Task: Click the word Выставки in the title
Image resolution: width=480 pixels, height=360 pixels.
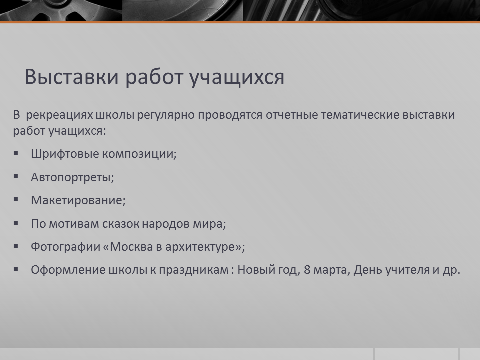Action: click(x=71, y=76)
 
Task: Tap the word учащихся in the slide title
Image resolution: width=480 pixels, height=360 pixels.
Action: click(x=236, y=78)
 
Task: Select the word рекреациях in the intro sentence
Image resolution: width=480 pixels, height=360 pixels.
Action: click(x=59, y=115)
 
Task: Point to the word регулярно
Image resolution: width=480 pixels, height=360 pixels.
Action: click(x=166, y=116)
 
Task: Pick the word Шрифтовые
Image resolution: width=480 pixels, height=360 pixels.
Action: click(x=65, y=154)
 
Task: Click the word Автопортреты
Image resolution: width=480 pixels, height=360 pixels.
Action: click(x=71, y=177)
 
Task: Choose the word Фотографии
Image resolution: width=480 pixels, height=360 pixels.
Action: click(x=66, y=247)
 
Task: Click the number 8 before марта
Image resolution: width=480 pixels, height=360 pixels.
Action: click(x=307, y=270)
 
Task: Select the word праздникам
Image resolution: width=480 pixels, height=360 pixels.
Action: click(x=194, y=270)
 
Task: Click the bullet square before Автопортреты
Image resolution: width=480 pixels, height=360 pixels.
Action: click(x=16, y=176)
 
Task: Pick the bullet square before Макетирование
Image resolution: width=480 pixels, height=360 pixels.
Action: click(x=16, y=200)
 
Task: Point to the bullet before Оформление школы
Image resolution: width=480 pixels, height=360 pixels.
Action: click(x=16, y=269)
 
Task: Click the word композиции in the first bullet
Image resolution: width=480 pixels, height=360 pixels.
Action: click(x=139, y=154)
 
